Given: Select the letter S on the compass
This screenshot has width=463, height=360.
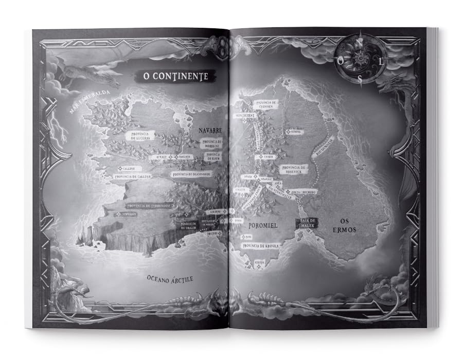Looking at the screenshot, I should click(360, 79).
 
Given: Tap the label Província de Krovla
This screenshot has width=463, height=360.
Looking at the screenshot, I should click(261, 246).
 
